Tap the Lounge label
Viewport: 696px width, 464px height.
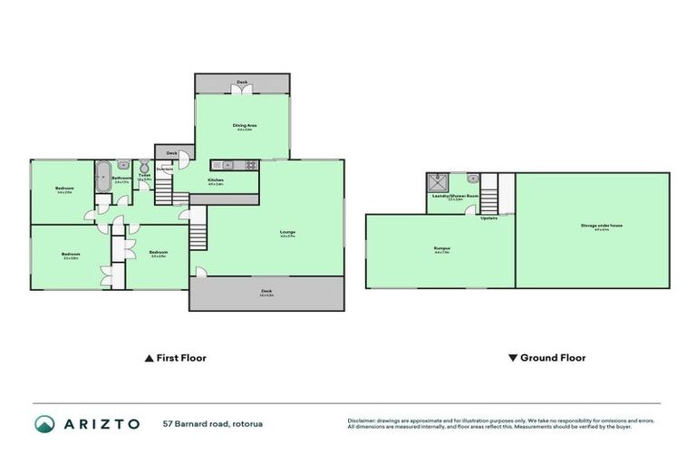coord(287,233)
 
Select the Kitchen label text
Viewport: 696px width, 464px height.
coord(216,181)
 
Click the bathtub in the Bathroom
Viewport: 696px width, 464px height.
coord(101,171)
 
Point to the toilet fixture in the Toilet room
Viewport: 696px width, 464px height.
coord(143,168)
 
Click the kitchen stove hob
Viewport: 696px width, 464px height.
coord(247,164)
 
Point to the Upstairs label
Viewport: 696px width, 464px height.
coord(488,217)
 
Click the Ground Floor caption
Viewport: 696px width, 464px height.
coord(552,358)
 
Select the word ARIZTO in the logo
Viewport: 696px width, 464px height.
coord(101,423)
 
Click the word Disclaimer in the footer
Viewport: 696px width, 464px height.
coord(362,420)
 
